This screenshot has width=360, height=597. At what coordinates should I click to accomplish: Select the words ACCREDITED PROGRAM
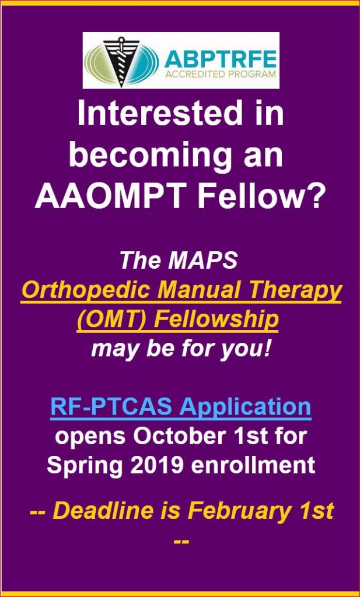(x=220, y=73)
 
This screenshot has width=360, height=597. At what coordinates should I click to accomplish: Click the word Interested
(x=160, y=114)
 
